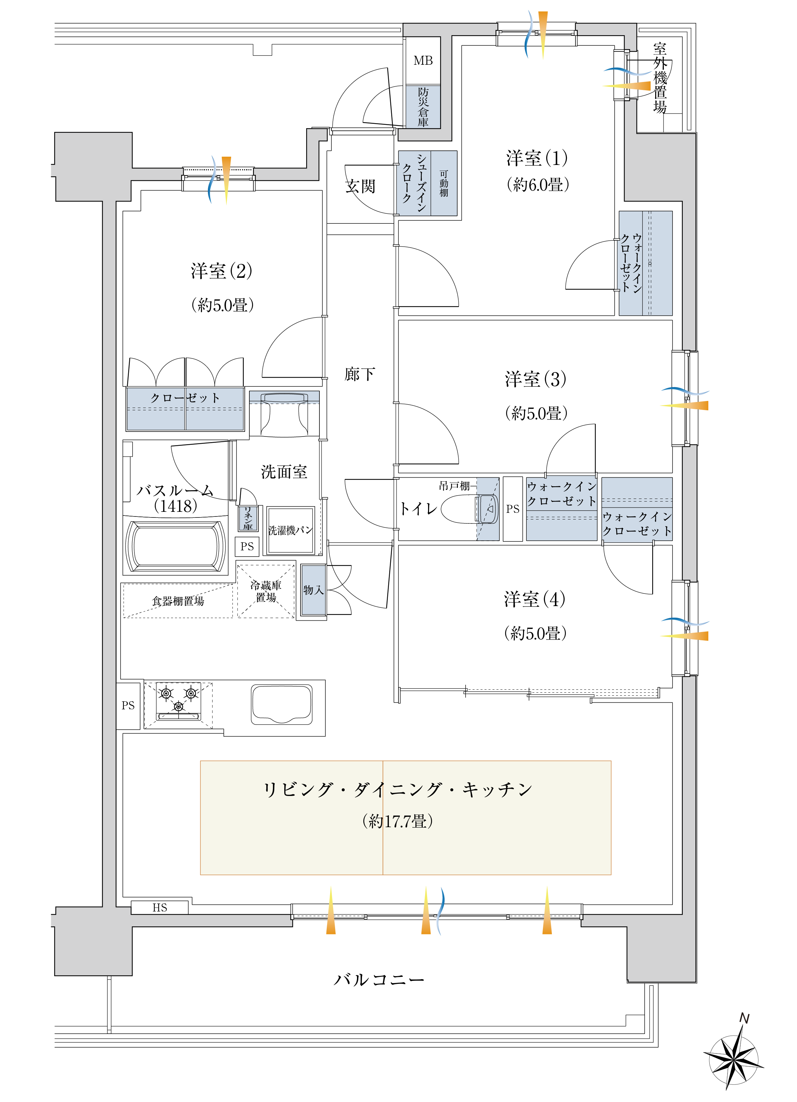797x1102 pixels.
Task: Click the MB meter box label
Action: [423, 61]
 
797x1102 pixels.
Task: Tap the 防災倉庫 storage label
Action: [423, 107]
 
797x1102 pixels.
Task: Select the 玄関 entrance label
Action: [360, 186]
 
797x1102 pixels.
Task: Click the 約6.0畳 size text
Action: [538, 185]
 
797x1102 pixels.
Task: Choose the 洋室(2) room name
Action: [221, 271]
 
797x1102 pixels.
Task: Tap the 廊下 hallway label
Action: [360, 374]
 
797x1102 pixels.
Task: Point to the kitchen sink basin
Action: [282, 705]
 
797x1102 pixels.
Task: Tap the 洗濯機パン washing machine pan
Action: [290, 530]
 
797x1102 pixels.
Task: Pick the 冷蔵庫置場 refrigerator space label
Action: [266, 591]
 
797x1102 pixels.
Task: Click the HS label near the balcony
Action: [160, 907]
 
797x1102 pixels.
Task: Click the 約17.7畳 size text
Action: [398, 822]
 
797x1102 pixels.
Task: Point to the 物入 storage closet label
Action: [313, 590]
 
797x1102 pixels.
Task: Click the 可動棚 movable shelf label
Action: [444, 183]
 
